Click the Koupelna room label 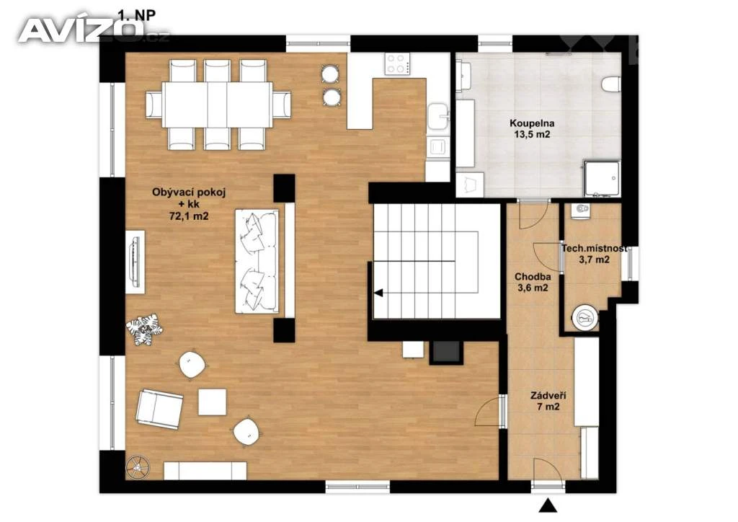[532, 123]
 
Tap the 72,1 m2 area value [188, 216]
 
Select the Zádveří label [548, 395]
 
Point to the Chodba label [533, 277]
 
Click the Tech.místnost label [594, 248]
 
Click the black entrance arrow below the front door [548, 505]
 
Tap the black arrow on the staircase [378, 293]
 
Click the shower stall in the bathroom [602, 178]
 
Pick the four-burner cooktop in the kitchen [397, 63]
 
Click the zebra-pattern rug [144, 329]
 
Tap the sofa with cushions [257, 261]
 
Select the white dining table [218, 105]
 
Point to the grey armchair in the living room [159, 409]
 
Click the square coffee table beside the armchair [213, 402]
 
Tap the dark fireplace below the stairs [445, 351]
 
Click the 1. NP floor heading [136, 15]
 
